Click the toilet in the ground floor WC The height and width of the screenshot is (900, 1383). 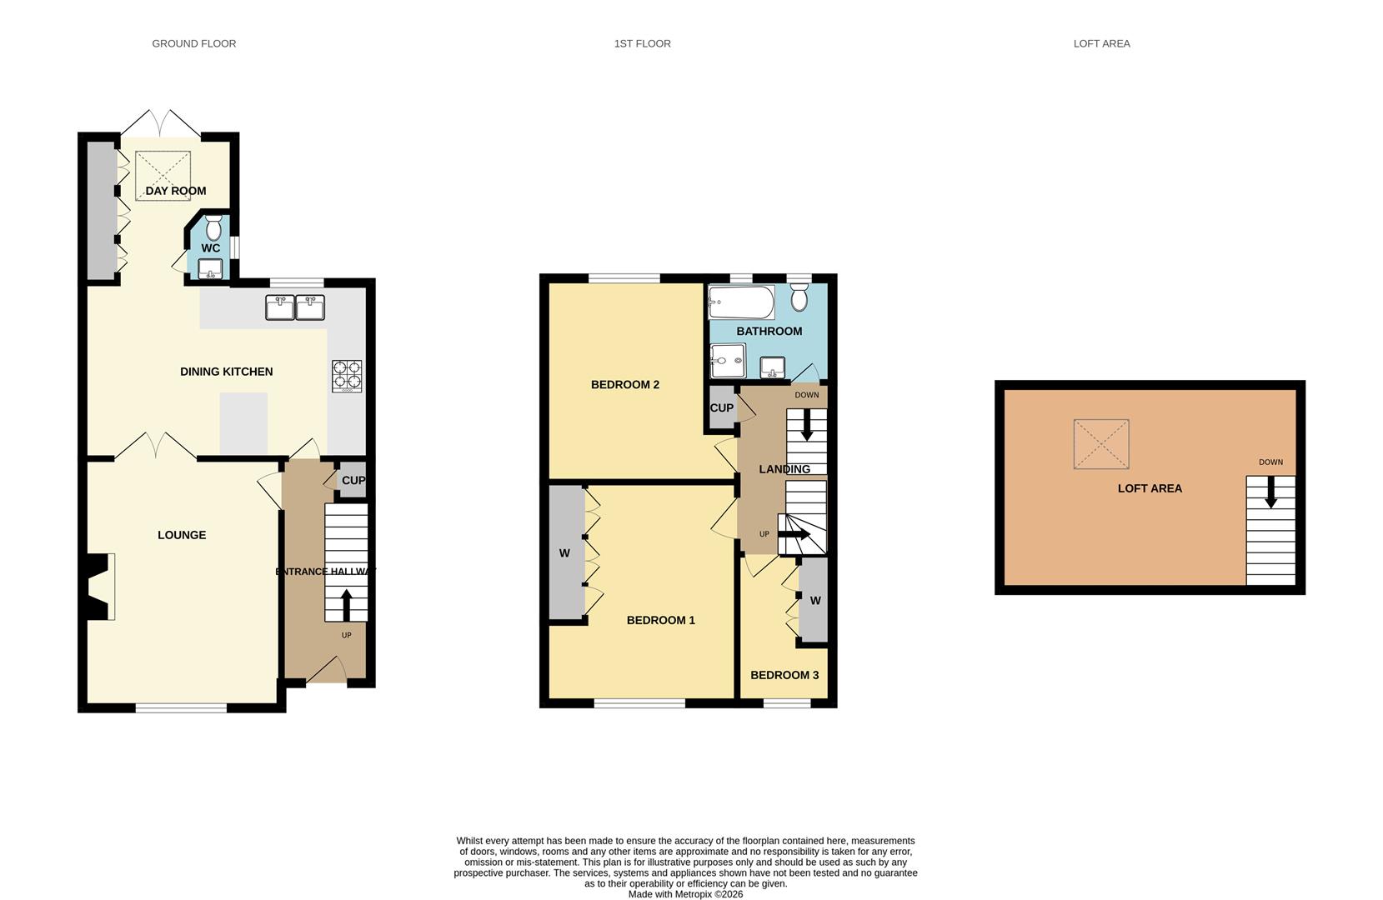tap(213, 227)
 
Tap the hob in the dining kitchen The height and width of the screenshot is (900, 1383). tap(348, 375)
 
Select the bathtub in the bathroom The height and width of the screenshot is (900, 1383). tap(741, 302)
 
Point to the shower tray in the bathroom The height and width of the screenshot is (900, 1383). tap(727, 362)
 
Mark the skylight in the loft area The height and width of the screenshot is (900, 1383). tap(1101, 444)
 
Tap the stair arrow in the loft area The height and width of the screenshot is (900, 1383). tap(1270, 492)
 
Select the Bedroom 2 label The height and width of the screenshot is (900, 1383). tap(625, 385)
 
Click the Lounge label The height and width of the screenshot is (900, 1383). tap(182, 535)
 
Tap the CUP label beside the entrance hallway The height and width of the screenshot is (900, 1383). tap(353, 481)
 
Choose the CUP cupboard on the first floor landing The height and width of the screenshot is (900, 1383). tap(722, 408)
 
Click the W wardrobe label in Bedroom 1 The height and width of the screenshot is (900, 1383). tap(564, 553)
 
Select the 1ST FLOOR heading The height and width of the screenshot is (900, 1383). tap(642, 43)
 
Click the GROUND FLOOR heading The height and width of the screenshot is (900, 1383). tap(193, 43)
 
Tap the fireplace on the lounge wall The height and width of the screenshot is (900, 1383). tap(99, 587)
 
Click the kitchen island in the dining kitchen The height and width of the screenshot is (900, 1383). tap(243, 423)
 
